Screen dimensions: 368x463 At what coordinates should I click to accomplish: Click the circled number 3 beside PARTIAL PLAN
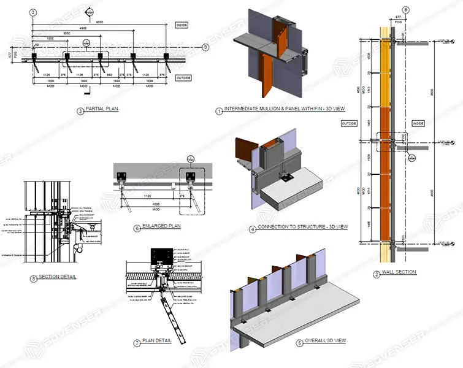[x=80, y=111]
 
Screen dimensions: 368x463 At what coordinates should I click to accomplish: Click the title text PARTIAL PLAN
[x=102, y=111]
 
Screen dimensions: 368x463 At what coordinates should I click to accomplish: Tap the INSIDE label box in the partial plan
[x=182, y=25]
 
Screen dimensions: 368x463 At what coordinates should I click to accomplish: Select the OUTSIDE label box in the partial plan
[x=183, y=78]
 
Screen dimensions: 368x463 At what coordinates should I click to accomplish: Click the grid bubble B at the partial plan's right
[x=205, y=47]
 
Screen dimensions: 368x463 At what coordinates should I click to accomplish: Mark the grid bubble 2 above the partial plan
[x=33, y=12]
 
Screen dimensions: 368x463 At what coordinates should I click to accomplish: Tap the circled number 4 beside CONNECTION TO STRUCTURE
[x=253, y=228]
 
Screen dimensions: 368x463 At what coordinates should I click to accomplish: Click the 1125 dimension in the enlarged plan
[x=144, y=196]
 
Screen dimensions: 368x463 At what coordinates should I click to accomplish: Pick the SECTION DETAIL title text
[x=57, y=277]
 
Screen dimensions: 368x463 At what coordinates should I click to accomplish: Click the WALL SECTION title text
[x=400, y=272]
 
